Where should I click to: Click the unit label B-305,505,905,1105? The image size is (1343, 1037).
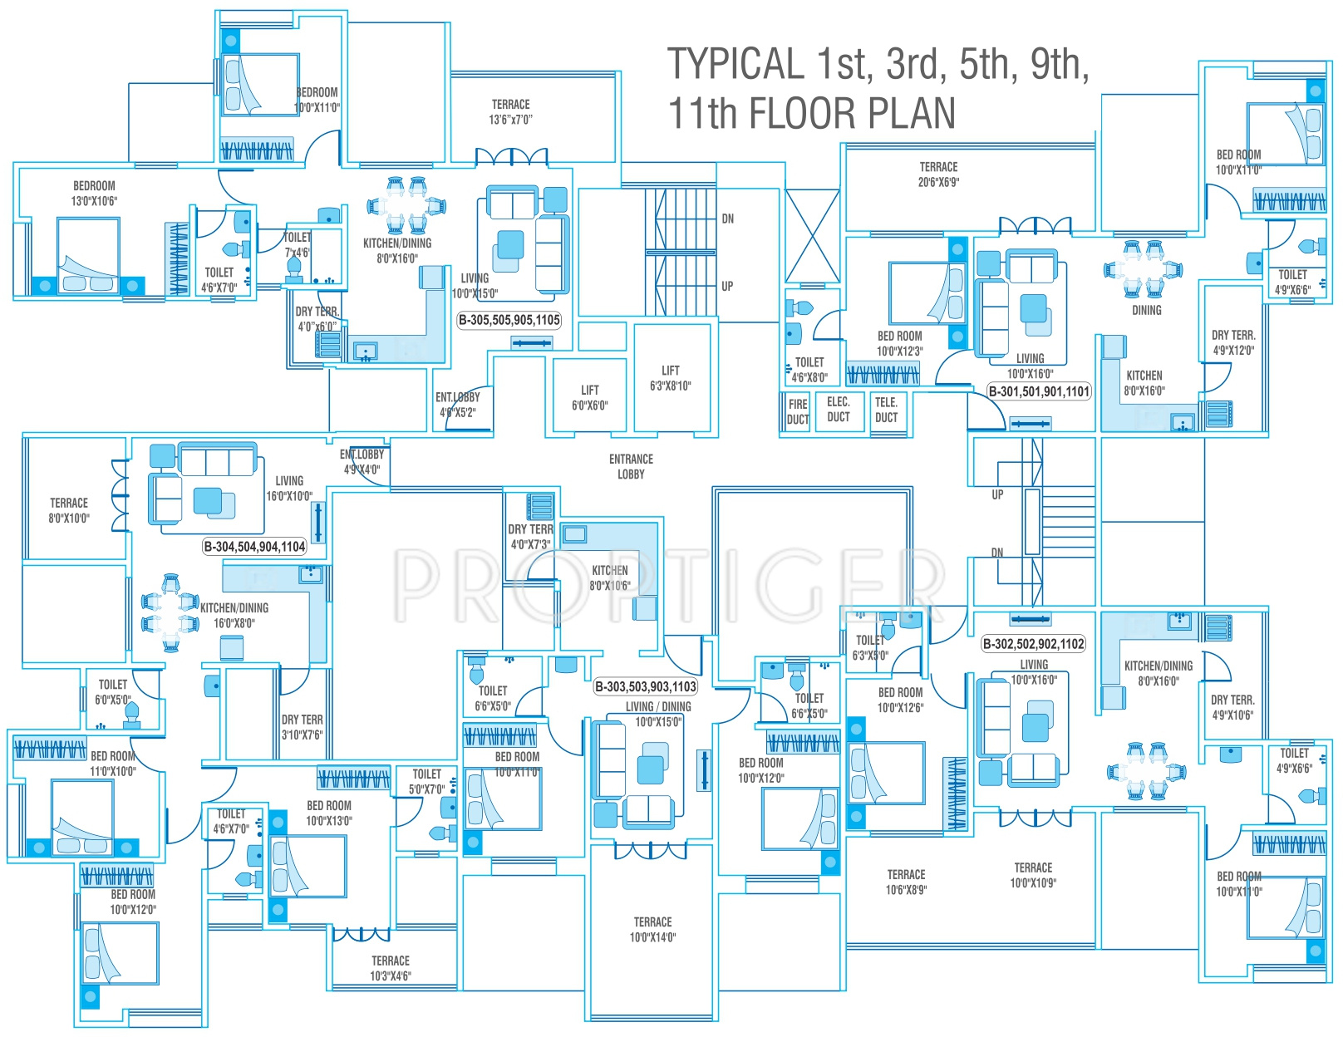click(x=509, y=320)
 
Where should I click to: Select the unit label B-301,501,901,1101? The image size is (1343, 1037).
click(x=1039, y=391)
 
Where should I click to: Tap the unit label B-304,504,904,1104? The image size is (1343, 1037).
click(x=255, y=546)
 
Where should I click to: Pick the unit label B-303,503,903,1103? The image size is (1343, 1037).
click(x=646, y=686)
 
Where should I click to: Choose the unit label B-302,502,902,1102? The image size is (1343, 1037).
click(x=1034, y=643)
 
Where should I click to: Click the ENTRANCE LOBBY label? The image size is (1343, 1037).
click(x=631, y=466)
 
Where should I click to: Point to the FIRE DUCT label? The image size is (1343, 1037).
click(x=798, y=411)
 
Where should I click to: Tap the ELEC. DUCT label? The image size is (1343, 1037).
click(x=838, y=409)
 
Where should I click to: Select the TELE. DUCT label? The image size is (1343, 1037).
click(x=886, y=410)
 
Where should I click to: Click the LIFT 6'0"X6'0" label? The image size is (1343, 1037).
click(x=589, y=397)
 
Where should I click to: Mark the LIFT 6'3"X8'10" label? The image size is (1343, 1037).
click(x=671, y=378)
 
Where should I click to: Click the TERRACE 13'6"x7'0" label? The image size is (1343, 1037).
click(x=510, y=111)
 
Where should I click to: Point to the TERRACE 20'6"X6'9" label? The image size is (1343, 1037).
click(x=938, y=174)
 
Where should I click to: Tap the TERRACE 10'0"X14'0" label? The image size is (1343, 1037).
click(x=652, y=929)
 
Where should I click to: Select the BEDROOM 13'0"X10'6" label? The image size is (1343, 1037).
click(x=94, y=193)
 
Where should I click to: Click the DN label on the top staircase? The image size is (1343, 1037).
click(x=728, y=219)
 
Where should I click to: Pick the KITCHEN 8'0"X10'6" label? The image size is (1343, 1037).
click(x=610, y=577)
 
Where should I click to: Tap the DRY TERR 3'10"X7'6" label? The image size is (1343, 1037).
click(x=302, y=727)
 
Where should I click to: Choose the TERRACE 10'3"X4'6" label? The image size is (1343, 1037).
click(x=391, y=968)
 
